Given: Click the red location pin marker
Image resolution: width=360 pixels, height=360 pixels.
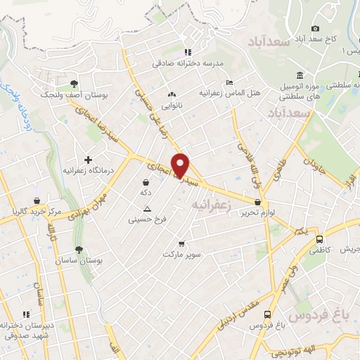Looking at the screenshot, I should click(x=181, y=165).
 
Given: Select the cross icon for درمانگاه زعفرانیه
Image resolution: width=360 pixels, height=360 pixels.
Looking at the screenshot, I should click(x=88, y=160).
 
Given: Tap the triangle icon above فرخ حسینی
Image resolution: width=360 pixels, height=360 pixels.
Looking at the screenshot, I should click(x=147, y=209).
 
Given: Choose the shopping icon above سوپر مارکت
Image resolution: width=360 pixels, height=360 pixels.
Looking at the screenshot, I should click(x=181, y=243).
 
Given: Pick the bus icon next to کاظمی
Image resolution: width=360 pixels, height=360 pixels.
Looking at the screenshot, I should click(x=319, y=239).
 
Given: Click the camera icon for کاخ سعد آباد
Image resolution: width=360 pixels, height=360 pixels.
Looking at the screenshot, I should click(x=316, y=28).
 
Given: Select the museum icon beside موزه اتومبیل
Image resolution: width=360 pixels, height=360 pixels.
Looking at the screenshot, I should click(x=300, y=75).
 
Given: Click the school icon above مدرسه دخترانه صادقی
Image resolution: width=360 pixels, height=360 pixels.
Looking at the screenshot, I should click(x=186, y=52).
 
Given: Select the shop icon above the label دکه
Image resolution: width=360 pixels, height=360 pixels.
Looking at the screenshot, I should click(x=146, y=182).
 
